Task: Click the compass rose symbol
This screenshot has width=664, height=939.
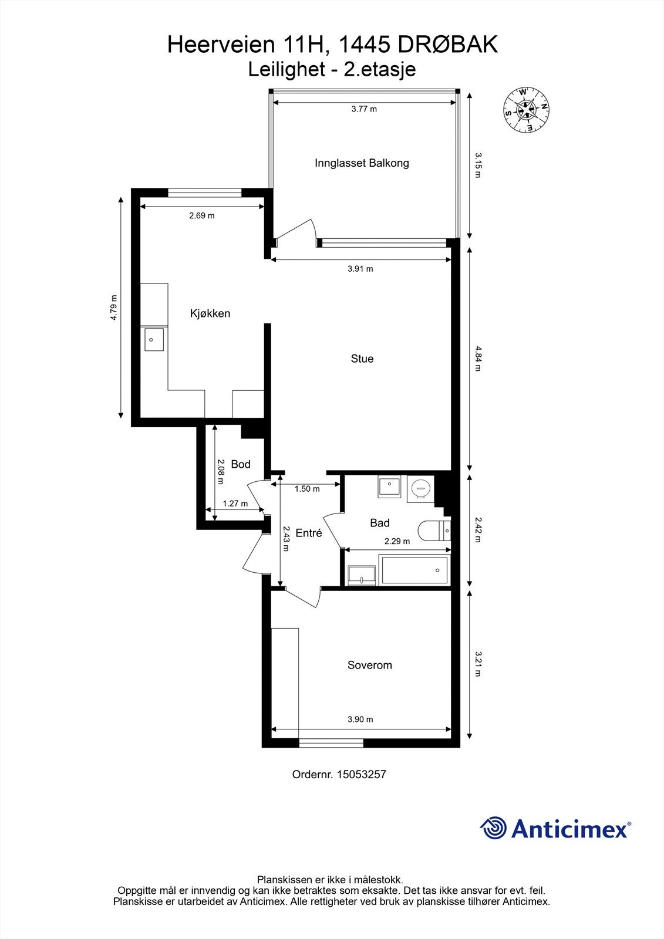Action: click(x=526, y=110)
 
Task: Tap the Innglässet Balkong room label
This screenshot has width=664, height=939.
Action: click(x=362, y=163)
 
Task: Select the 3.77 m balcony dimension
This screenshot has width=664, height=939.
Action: click(x=363, y=109)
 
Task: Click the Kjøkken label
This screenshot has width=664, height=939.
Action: click(x=210, y=313)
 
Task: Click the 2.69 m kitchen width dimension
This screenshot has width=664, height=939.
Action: click(x=201, y=215)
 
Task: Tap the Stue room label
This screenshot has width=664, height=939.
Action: click(x=362, y=359)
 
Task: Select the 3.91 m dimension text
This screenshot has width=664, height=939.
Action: click(x=360, y=269)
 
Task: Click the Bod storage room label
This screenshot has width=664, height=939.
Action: click(x=241, y=464)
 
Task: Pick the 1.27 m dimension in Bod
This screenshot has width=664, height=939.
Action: click(x=235, y=504)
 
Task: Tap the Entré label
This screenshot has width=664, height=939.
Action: click(x=308, y=533)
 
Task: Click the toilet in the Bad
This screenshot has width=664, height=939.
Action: click(x=433, y=530)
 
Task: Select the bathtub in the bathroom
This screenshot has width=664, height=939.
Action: click(x=414, y=570)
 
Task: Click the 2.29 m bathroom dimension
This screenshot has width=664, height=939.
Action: click(x=397, y=541)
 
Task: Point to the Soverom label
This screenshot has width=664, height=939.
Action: click(x=369, y=665)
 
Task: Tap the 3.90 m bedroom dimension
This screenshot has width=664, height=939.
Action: click(x=360, y=719)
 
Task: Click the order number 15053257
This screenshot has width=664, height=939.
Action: click(x=361, y=774)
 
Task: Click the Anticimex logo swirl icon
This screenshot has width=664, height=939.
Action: click(x=494, y=828)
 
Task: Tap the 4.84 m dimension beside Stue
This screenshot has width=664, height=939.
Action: click(x=477, y=359)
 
